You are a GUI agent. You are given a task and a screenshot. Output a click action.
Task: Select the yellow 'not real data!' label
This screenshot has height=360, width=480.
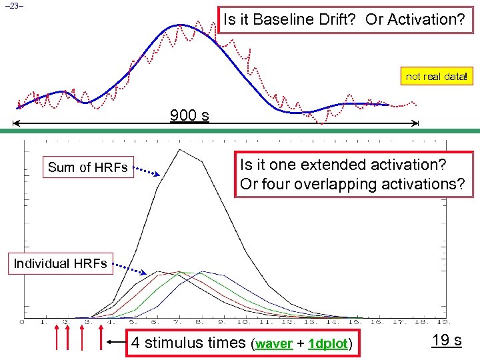(437, 77)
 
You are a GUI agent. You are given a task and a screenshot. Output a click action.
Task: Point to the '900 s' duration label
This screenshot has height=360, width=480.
(189, 115)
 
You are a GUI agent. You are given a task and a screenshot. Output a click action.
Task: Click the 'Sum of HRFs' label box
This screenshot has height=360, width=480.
(87, 167)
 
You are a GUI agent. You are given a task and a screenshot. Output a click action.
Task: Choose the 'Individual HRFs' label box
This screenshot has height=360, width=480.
(60, 263)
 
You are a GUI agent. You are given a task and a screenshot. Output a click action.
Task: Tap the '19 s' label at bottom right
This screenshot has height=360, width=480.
(447, 341)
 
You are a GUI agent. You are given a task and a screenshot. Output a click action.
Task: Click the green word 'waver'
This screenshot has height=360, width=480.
(274, 345)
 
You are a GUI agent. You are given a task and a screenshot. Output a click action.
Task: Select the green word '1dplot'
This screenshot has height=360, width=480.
(328, 345)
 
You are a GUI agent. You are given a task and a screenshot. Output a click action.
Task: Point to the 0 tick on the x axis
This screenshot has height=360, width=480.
(23, 323)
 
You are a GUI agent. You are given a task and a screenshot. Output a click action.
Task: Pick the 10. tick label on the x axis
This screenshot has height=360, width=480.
(245, 323)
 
